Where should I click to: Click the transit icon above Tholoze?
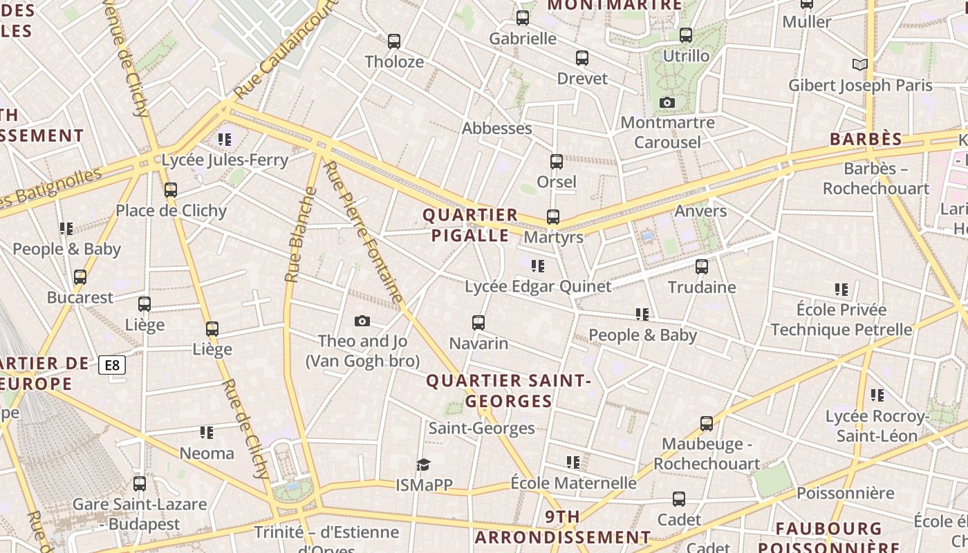394,41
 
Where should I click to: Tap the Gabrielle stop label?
523,39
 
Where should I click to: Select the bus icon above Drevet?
582,58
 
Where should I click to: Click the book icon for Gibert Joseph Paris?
859,65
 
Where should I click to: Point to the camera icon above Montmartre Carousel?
667,103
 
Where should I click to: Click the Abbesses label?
496,129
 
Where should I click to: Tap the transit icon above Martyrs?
553,217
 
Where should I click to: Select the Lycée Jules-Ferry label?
225,160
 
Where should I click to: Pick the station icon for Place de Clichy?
171,190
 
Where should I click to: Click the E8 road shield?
112,365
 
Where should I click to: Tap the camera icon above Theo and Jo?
362,321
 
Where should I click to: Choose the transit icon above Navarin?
478,323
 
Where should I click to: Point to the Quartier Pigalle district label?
470,225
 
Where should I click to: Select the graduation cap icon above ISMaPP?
424,465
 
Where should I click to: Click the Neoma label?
207,453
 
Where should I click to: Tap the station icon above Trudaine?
702,267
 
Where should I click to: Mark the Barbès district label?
866,139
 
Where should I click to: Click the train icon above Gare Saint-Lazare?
140,484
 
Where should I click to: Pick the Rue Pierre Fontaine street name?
364,232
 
